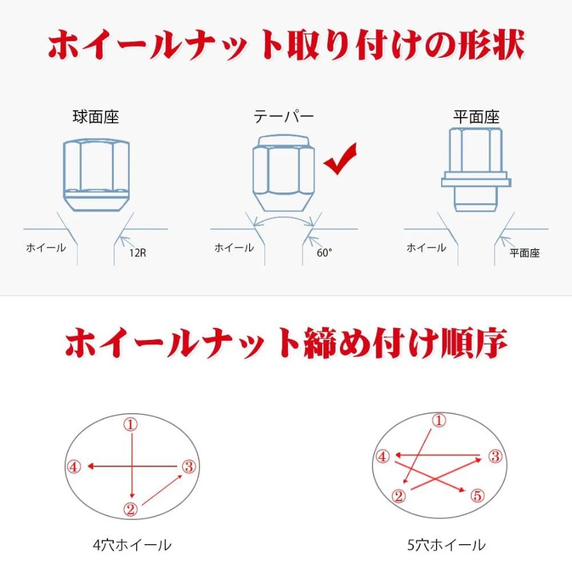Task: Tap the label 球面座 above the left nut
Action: [x=95, y=117]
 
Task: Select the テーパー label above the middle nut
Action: [x=283, y=117]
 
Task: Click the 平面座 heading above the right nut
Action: [x=476, y=117]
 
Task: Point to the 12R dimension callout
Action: [x=137, y=253]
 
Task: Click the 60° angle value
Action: [x=324, y=252]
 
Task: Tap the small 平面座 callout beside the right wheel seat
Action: [x=524, y=253]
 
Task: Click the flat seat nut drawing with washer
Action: [x=476, y=170]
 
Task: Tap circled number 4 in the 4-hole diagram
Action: [x=74, y=466]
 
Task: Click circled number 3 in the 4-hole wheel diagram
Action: [x=189, y=466]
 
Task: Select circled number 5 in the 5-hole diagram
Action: [x=477, y=495]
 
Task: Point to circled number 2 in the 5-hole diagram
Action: [x=398, y=495]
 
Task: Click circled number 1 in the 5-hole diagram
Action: [x=439, y=421]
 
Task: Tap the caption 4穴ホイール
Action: [x=132, y=545]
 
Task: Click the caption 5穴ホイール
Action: [x=447, y=545]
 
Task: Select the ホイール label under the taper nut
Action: [x=234, y=248]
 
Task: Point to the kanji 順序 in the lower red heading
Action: [x=473, y=343]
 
